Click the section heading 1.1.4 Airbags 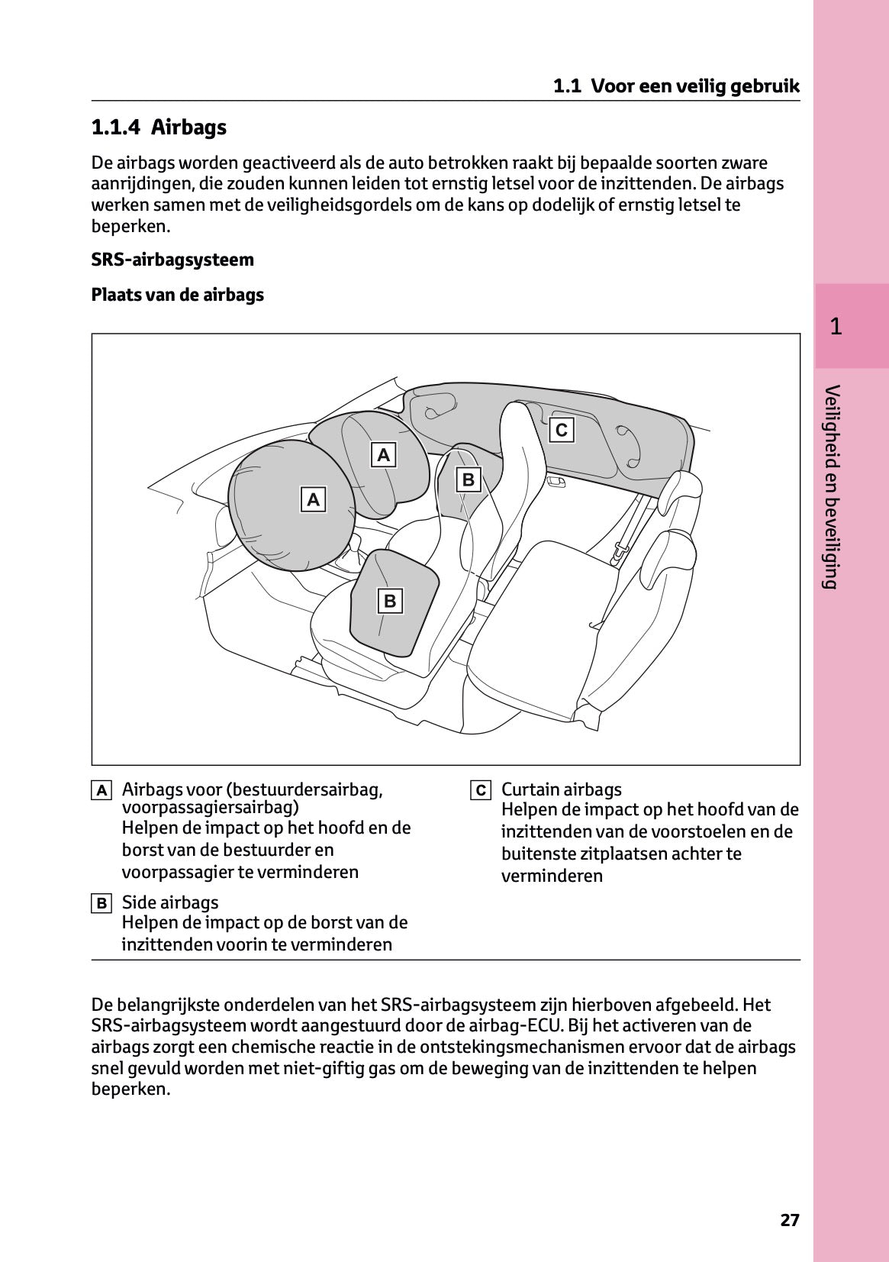click(159, 127)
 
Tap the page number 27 click(790, 1220)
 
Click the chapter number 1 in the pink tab click(836, 327)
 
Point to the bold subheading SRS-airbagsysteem click(172, 260)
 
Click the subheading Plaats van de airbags click(177, 295)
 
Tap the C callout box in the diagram click(562, 430)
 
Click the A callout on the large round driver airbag click(313, 500)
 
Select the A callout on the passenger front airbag click(384, 455)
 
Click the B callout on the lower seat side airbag click(390, 601)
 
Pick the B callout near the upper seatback click(469, 479)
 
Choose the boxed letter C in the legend click(480, 790)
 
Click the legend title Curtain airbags click(561, 789)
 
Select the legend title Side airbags click(169, 902)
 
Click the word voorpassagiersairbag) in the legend click(210, 807)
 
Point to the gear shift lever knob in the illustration click(354, 543)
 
